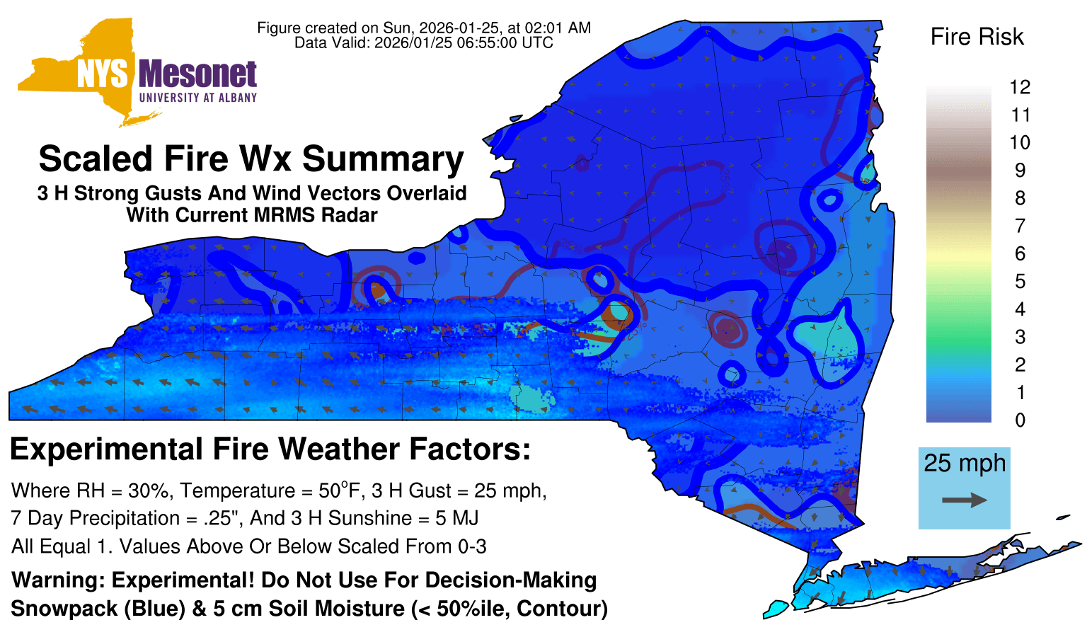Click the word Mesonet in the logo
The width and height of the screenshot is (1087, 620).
197,74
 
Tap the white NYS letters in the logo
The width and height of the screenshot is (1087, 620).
103,74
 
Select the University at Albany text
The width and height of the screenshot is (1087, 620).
198,98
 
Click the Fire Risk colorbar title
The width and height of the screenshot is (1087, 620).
977,37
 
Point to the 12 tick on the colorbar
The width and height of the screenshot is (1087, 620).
1020,87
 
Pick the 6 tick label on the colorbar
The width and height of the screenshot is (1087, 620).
1020,253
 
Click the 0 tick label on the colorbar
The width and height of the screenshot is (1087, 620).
1020,420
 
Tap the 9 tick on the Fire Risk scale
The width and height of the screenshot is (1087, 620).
1020,171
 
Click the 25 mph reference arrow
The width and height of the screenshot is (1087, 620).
965,500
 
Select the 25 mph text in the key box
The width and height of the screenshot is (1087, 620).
965,464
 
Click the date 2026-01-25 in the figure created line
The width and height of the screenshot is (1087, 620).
459,28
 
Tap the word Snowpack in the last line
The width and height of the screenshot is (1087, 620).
64,609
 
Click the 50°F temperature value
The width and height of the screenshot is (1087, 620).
340,490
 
